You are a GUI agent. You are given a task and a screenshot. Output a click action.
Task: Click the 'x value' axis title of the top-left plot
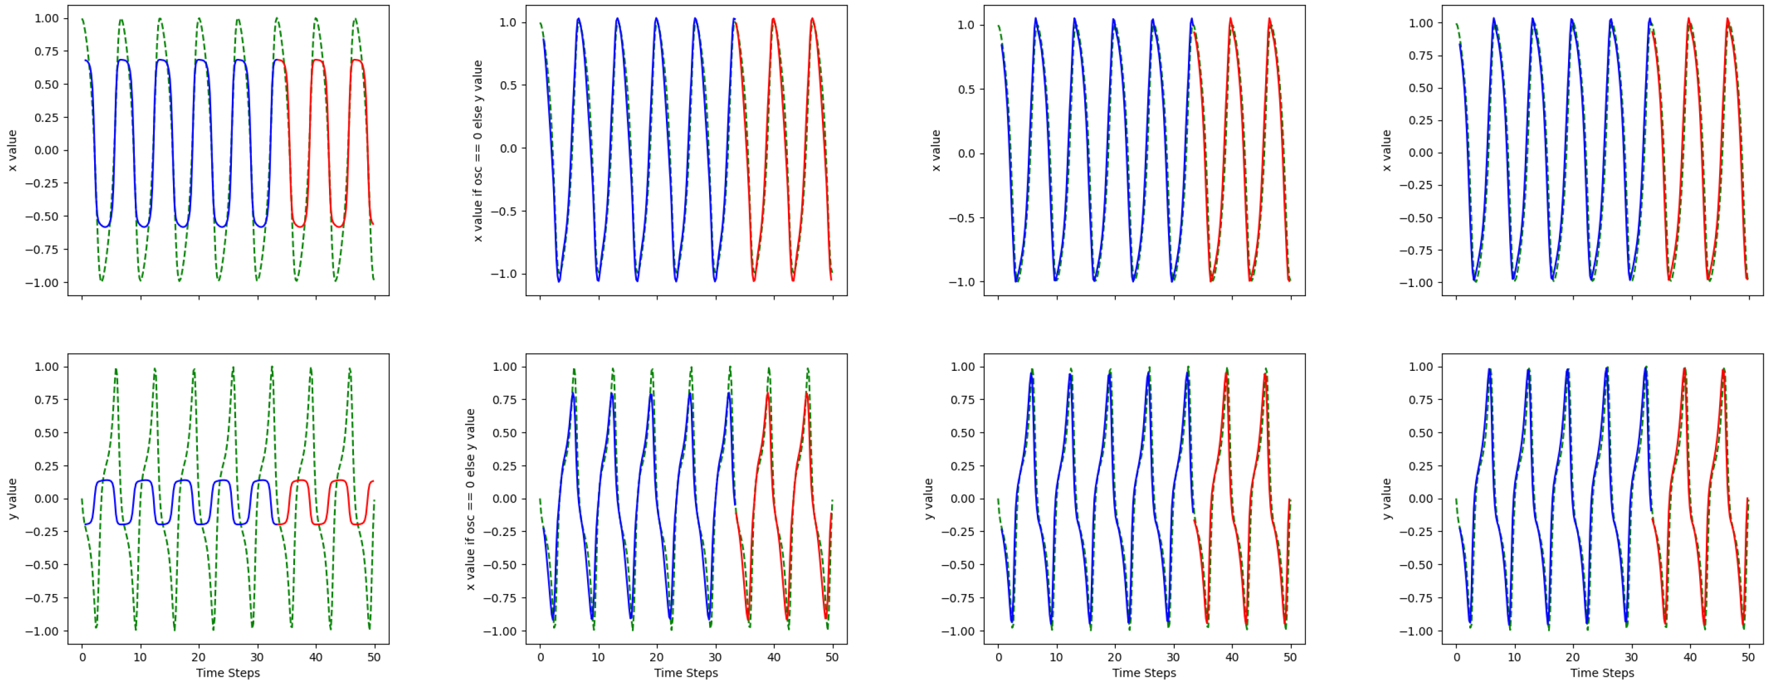pyautogui.click(x=12, y=151)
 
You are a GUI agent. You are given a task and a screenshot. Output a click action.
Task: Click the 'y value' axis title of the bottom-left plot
pyautogui.click(x=12, y=499)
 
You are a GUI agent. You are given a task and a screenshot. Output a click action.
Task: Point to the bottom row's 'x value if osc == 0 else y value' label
pyautogui.click(x=470, y=499)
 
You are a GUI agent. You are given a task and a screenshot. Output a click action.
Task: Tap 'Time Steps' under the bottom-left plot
pyautogui.click(x=228, y=672)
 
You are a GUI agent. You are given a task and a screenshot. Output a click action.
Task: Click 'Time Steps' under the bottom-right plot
pyautogui.click(x=1602, y=672)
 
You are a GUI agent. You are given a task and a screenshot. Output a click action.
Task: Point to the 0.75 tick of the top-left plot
pyautogui.click(x=47, y=52)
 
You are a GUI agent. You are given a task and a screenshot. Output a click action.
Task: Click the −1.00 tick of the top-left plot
pyautogui.click(x=42, y=283)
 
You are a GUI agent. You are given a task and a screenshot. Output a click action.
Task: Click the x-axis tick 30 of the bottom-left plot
pyautogui.click(x=257, y=657)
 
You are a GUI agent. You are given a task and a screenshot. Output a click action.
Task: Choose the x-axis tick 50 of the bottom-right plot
pyautogui.click(x=1748, y=657)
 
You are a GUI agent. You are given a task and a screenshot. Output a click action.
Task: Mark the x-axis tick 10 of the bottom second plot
pyautogui.click(x=599, y=657)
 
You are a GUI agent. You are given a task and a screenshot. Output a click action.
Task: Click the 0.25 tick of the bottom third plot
pyautogui.click(x=963, y=465)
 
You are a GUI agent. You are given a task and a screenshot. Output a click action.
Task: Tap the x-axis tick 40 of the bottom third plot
pyautogui.click(x=1231, y=657)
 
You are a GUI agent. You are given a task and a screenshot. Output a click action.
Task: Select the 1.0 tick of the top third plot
pyautogui.click(x=966, y=25)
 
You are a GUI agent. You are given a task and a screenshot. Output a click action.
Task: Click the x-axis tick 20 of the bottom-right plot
pyautogui.click(x=1572, y=657)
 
